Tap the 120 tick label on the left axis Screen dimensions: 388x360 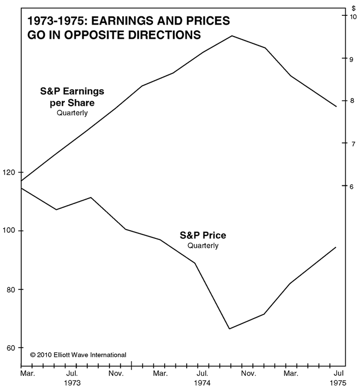(x=9, y=173)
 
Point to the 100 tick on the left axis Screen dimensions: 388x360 (x=9, y=231)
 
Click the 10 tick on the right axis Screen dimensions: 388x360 (x=352, y=16)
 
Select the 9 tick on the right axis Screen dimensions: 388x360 (x=351, y=59)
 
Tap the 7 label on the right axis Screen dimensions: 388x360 (x=351, y=143)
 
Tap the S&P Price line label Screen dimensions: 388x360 (x=202, y=236)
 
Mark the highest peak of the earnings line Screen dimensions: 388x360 (x=232, y=36)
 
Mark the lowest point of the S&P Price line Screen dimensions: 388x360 (x=230, y=329)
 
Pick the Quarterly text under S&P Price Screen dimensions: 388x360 (x=202, y=246)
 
